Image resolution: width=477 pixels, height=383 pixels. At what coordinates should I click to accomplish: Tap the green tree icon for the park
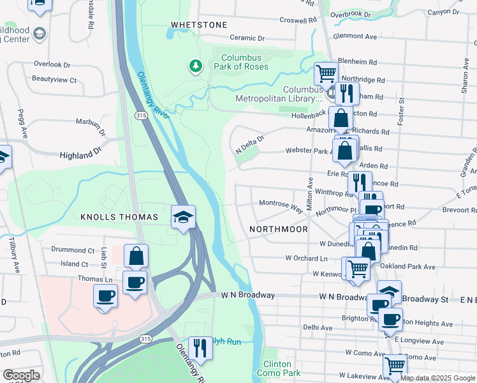[196, 66]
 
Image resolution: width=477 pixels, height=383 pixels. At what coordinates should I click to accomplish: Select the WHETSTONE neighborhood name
[198, 25]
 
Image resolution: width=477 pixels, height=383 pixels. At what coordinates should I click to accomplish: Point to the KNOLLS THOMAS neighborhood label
[119, 218]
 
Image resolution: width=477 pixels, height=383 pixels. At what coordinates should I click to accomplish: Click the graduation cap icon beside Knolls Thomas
[182, 217]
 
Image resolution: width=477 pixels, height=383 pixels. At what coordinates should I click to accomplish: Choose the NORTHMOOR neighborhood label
[279, 229]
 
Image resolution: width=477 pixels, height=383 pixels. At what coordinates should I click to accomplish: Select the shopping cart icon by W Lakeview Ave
[395, 366]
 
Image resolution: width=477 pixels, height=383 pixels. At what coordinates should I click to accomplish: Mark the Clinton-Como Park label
[277, 368]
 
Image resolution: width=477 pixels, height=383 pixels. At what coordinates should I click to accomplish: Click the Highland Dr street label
[80, 155]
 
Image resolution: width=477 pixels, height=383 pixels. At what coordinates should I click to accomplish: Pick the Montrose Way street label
[281, 203]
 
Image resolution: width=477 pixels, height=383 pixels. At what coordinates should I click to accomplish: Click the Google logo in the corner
[21, 375]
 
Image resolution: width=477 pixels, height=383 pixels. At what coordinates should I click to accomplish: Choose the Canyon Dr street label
[443, 12]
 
